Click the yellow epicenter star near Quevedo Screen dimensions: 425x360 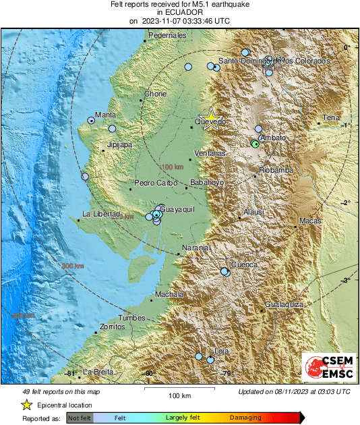(211, 117)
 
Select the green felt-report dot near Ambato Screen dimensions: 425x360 (255, 144)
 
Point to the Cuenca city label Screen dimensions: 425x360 (244, 264)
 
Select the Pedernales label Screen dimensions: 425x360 (167, 35)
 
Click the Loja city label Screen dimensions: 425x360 (221, 351)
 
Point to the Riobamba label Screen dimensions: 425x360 (276, 171)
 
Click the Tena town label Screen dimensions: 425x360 (331, 118)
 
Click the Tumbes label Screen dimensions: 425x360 (131, 317)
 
